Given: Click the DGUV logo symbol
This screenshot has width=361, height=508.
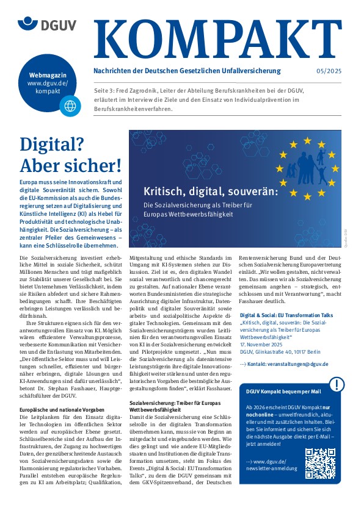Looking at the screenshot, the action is [x=27, y=24].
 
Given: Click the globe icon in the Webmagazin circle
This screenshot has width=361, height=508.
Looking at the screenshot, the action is [x=70, y=106].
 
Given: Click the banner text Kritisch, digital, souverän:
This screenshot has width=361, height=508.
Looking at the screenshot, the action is [x=211, y=191].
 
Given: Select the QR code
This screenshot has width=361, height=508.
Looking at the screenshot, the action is [x=321, y=463].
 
